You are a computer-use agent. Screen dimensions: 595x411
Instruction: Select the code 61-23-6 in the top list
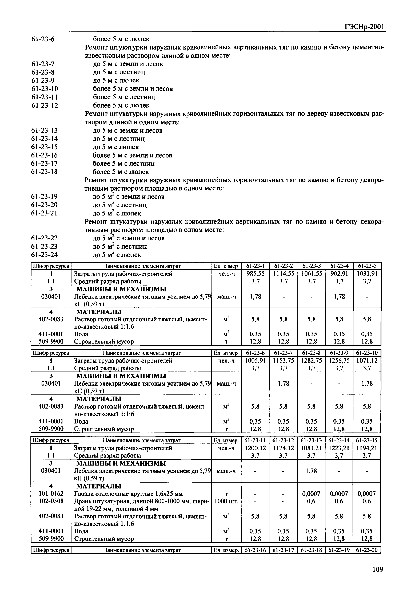click(x=43, y=39)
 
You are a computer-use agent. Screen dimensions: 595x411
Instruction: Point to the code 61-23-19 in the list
click(x=44, y=197)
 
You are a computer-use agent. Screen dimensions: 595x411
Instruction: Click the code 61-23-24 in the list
click(x=44, y=255)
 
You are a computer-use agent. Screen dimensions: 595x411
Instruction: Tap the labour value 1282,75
click(x=311, y=361)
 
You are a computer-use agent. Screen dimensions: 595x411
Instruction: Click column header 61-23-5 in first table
click(x=367, y=266)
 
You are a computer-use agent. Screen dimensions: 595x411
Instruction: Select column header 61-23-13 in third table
click(x=311, y=440)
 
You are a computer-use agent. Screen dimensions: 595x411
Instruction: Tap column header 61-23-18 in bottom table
click(x=311, y=550)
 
